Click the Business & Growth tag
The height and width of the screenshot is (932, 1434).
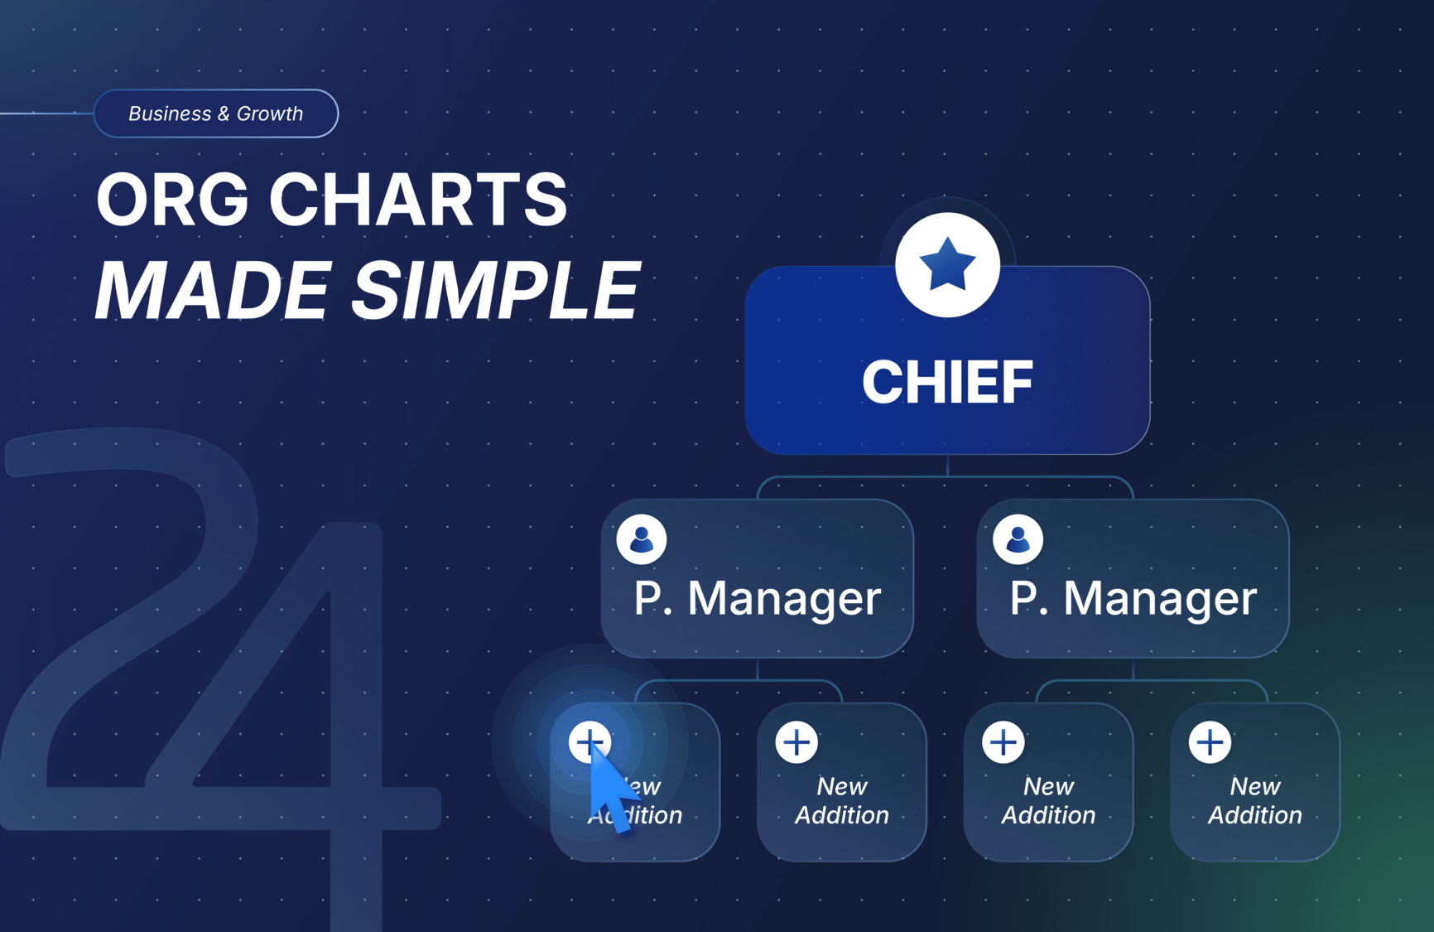pyautogui.click(x=216, y=113)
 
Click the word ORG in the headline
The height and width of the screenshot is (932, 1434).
pyautogui.click(x=171, y=200)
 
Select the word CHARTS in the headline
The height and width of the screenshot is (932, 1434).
pyautogui.click(x=418, y=200)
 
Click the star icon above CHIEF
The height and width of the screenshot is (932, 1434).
pyautogui.click(x=947, y=265)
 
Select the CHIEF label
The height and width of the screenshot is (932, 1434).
pyautogui.click(x=947, y=382)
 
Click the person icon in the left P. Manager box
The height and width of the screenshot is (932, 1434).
pyautogui.click(x=642, y=539)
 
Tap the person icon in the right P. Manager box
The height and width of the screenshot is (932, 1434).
pyautogui.click(x=1018, y=539)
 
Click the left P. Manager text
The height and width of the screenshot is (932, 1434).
pyautogui.click(x=757, y=598)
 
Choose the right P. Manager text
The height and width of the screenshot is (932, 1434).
pyautogui.click(x=1133, y=598)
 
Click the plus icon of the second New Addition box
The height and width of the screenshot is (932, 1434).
pyautogui.click(x=796, y=741)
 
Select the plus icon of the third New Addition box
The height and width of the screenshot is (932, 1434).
pyautogui.click(x=1003, y=741)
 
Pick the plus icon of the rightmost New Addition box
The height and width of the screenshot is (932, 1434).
pyautogui.click(x=1210, y=741)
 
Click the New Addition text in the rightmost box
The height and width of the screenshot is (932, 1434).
pyautogui.click(x=1255, y=800)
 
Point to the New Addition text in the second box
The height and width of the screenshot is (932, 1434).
pyautogui.click(x=842, y=800)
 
